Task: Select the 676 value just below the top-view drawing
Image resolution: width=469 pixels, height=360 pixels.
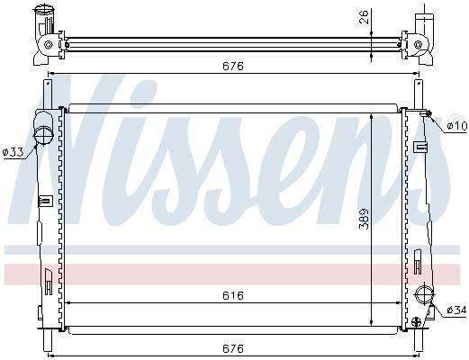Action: [233, 65]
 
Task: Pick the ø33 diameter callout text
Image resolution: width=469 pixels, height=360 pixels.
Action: [14, 153]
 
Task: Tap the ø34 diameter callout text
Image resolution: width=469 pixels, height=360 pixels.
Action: [456, 310]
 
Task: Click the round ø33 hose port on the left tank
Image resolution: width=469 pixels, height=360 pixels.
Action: [42, 135]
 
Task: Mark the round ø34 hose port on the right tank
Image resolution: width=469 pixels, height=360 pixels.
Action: [427, 293]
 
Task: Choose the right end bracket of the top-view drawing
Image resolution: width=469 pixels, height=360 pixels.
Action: [424, 36]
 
